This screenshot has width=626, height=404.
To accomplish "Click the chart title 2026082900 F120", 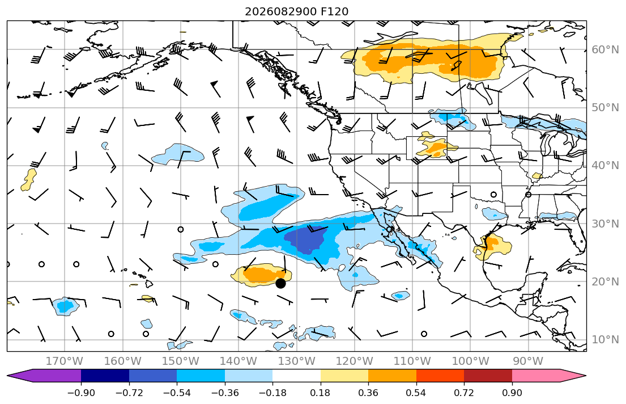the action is pos(296,11).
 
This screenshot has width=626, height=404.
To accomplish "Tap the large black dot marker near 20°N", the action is pos(280,283).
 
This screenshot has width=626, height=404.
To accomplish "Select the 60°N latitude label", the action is pos(605,49).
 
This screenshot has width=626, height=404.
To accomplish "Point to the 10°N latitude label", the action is pos(605,340).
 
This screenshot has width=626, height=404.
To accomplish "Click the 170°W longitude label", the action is pos(65,361).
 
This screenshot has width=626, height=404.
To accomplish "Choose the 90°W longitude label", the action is pos(528,361).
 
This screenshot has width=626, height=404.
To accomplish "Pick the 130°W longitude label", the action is pos(297,361).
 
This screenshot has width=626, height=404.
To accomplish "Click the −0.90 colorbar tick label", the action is pos(81,393).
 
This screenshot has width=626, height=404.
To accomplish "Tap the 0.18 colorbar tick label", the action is pos(321,393).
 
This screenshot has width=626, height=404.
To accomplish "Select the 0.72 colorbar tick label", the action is pos(464,393).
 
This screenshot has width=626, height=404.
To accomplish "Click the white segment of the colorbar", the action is pos(297,376).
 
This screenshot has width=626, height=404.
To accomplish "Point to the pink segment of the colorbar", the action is pos(536,376).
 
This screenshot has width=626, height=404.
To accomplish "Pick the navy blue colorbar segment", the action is pos(105,376).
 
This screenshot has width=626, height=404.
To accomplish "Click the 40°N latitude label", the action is pos(605,166).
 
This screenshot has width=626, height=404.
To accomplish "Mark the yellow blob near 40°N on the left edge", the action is pos(28,180).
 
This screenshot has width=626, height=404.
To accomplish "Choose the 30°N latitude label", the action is pos(605,224).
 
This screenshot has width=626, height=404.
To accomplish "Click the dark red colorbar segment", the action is pos(488,376).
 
